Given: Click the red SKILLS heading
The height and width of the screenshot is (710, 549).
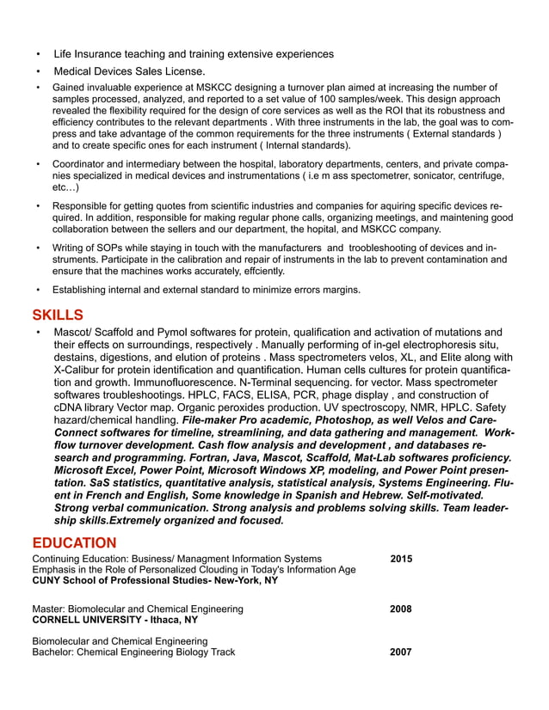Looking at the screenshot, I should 58,315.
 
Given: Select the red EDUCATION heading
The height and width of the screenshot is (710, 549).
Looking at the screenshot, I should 74,543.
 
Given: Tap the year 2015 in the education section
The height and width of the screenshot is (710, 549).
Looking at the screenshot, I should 401,559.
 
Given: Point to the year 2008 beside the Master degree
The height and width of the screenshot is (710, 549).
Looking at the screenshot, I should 401,609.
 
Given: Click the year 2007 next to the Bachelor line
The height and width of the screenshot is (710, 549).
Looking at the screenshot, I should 401,652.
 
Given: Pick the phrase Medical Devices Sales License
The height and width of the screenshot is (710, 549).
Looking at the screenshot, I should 129,71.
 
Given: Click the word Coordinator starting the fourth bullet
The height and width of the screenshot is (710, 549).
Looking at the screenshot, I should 83,163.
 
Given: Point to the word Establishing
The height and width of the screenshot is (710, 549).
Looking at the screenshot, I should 84,290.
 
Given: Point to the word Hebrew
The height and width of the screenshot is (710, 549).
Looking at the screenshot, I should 395,496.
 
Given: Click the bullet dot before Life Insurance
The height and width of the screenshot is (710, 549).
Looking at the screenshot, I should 38,54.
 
